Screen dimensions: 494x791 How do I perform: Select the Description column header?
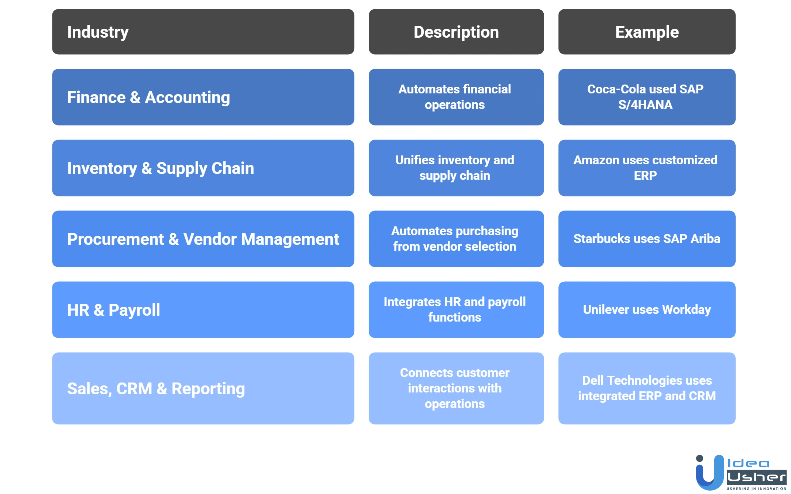[x=456, y=32]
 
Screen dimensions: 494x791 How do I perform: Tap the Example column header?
[x=647, y=32]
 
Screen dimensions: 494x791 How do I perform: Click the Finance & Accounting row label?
[x=148, y=97]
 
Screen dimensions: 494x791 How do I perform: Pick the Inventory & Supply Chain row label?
[x=161, y=168]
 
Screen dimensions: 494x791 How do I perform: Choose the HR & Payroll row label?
[x=114, y=310]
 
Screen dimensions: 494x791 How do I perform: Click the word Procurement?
[x=116, y=239]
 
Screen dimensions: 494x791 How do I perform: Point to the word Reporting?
[x=208, y=389]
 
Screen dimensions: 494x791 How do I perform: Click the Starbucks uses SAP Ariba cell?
[x=647, y=239]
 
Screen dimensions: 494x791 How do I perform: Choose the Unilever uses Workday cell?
[x=647, y=309]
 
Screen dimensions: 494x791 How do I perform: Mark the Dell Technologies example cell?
[x=647, y=388]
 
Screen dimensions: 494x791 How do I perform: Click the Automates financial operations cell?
[x=456, y=97]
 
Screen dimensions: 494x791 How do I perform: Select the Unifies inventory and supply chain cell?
[x=456, y=168]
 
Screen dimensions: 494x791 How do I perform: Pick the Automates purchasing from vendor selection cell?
[x=456, y=239]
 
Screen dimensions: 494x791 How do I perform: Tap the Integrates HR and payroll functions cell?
[x=456, y=309]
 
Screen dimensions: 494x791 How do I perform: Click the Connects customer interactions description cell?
[x=456, y=388]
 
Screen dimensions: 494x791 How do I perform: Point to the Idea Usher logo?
[x=740, y=472]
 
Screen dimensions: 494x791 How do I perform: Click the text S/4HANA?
[x=645, y=105]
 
